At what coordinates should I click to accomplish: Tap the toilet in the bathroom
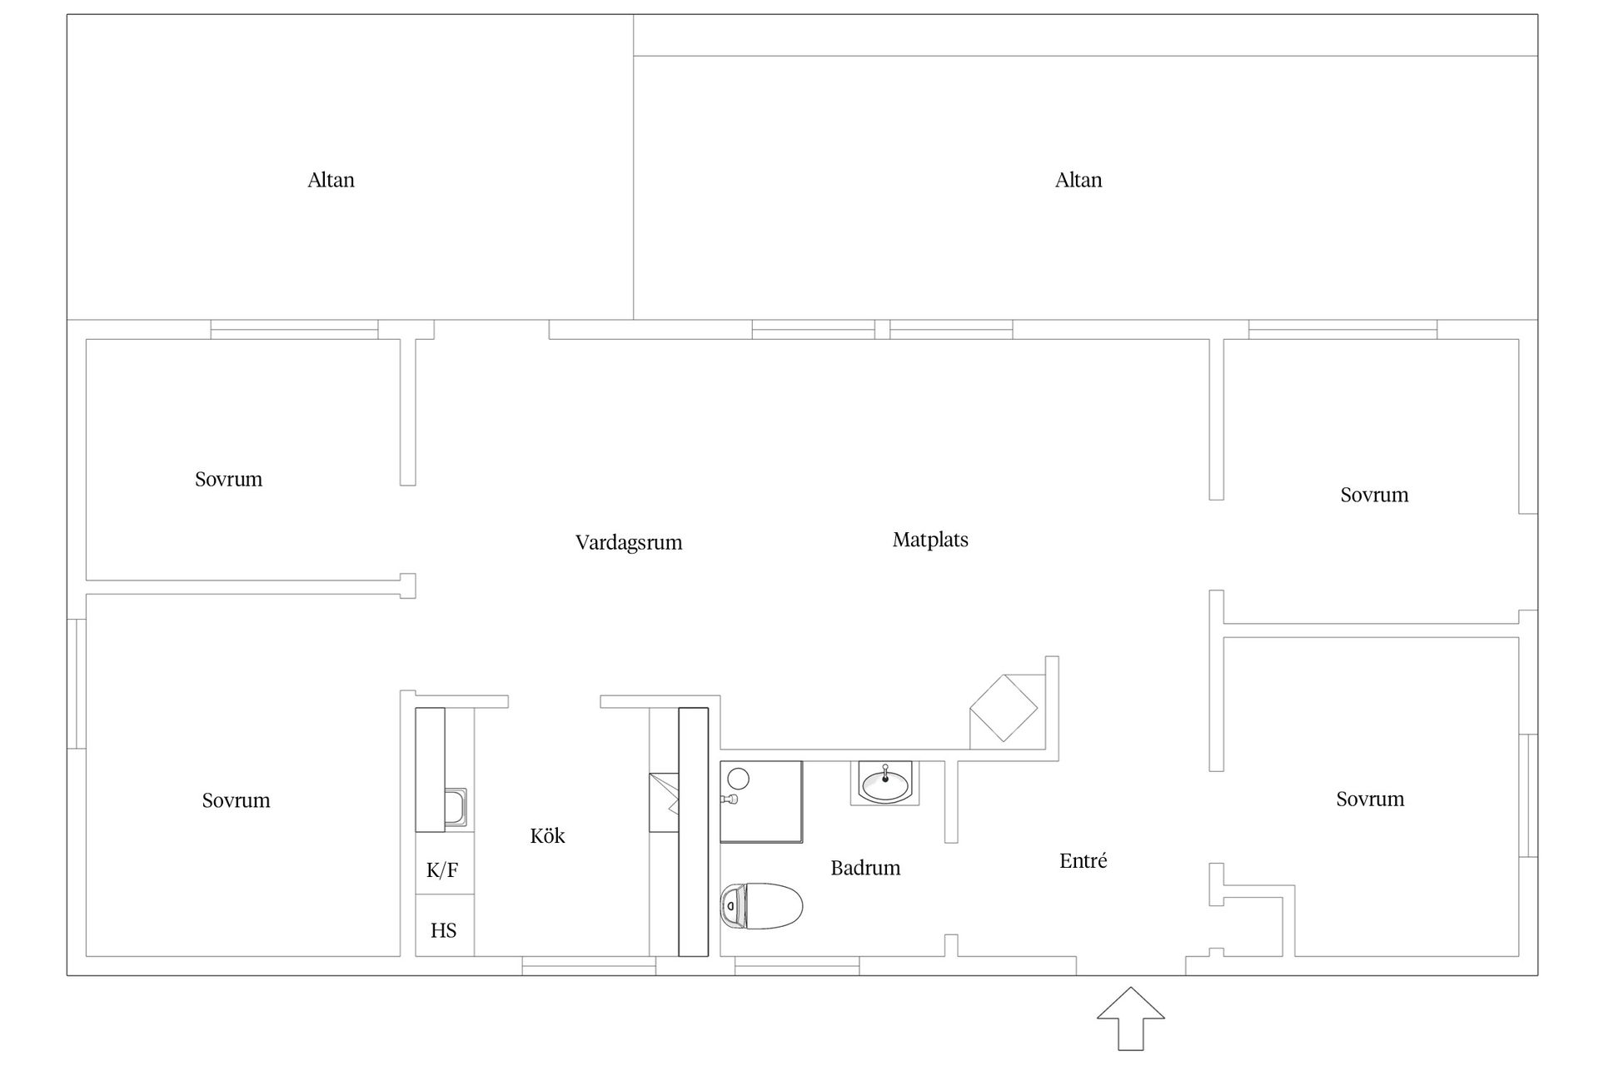coord(761,906)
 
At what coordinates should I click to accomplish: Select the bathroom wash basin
coord(884,783)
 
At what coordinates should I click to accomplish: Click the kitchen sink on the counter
coord(455,807)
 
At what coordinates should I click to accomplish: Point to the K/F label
coord(442,870)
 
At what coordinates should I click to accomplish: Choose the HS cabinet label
coord(443,930)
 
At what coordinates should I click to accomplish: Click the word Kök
coord(547,835)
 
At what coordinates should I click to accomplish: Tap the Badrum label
coord(865,868)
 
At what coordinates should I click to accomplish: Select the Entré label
coord(1083,860)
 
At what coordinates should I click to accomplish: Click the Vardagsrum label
coord(629,543)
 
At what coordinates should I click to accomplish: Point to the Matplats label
coord(930,540)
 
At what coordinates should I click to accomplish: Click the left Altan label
coord(331,180)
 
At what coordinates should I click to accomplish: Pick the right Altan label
coord(1078,180)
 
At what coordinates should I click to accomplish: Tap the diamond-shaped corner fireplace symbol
coord(1004,708)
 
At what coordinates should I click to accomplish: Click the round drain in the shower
coord(738,779)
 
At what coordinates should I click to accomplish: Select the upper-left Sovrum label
coord(228,479)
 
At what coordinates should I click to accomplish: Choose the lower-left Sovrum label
coord(236,800)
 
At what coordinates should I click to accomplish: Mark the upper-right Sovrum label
coord(1374,495)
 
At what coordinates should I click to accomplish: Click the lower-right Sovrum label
coord(1370,799)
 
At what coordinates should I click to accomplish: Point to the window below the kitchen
coord(589,966)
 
